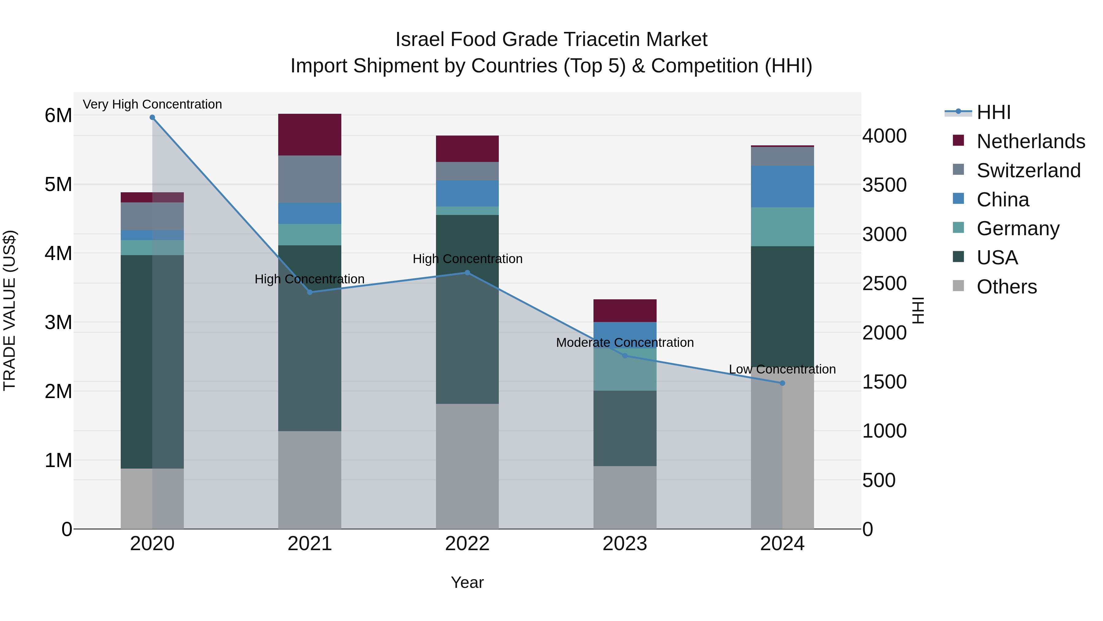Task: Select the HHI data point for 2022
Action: pyautogui.click(x=467, y=273)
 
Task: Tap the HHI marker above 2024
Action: pyautogui.click(x=782, y=383)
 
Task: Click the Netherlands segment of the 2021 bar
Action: pyautogui.click(x=309, y=135)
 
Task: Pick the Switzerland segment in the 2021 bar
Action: pyautogui.click(x=309, y=179)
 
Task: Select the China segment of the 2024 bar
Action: pyautogui.click(x=782, y=186)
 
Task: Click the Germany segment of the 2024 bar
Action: pyautogui.click(x=782, y=227)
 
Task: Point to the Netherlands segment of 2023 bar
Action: pyautogui.click(x=625, y=311)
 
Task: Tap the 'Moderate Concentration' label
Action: pyautogui.click(x=625, y=343)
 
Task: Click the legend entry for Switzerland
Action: pyautogui.click(x=1028, y=171)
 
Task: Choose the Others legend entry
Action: pyautogui.click(x=1006, y=287)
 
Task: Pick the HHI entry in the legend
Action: pyautogui.click(x=993, y=112)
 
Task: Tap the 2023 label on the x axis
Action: pyautogui.click(x=625, y=544)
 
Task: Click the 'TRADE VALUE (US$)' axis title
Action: pyautogui.click(x=9, y=310)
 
